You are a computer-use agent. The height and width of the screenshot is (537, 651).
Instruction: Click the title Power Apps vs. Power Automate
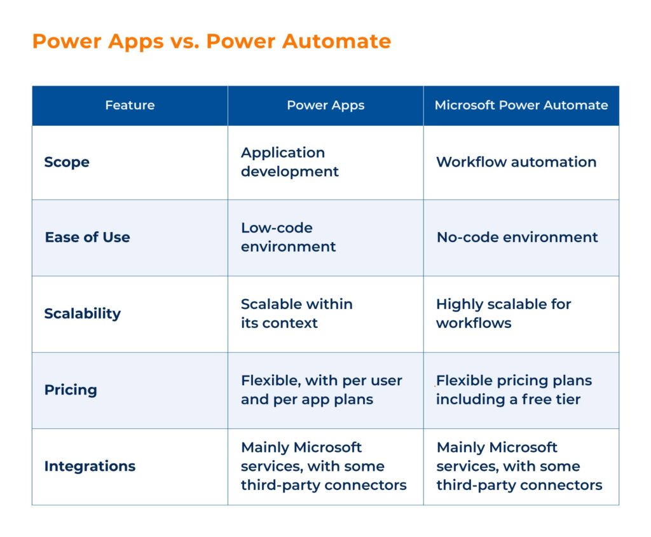pos(211,41)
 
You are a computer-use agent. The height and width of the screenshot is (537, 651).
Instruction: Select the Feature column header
pos(130,105)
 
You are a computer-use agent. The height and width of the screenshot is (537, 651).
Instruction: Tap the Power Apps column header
pos(325,105)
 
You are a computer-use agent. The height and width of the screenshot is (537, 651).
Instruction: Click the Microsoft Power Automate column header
pos(521,105)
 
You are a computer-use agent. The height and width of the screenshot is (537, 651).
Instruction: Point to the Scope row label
pos(67,162)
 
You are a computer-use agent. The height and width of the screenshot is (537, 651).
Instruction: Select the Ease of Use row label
pos(87,237)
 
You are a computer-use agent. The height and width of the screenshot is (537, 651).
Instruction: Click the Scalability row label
pos(82,313)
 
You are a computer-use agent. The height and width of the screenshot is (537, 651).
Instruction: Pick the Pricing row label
pos(71,390)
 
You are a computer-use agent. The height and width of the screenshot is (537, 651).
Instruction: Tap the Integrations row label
pos(90,466)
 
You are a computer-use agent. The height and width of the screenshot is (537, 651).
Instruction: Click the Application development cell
pos(290,162)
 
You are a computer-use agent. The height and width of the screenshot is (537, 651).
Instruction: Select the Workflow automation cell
pos(516,162)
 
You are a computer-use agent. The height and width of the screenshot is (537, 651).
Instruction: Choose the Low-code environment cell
pos(288,237)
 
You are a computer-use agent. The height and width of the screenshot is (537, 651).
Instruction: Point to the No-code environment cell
pos(517,237)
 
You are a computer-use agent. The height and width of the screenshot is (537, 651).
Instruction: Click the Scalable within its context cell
pos(296,313)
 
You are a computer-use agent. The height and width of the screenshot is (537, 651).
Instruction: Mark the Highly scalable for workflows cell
pos(504,313)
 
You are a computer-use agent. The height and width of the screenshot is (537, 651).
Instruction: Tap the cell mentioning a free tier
pos(514,390)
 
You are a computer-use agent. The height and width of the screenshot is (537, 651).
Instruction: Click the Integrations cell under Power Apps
pos(324,466)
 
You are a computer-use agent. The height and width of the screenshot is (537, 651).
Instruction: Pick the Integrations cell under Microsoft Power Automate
pos(519,466)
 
